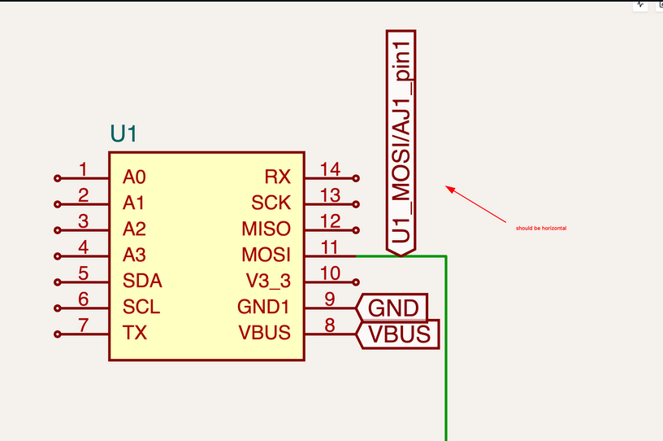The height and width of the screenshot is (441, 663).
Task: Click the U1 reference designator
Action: coord(123,135)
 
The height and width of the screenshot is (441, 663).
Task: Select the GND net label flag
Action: coord(393,308)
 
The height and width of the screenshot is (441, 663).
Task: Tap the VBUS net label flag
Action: coord(399,334)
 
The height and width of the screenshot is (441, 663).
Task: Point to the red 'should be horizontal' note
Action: coord(541,229)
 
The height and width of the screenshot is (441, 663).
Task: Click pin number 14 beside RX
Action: coord(329,169)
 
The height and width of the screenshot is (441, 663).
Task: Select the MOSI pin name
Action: coord(266,255)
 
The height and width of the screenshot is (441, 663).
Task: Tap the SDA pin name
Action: coord(142,282)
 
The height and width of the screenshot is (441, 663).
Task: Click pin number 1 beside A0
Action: coord(83,169)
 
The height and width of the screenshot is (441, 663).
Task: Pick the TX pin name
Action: coord(135,333)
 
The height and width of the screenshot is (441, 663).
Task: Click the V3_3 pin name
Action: coord(268,282)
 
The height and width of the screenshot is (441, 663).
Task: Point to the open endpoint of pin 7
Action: coord(57,334)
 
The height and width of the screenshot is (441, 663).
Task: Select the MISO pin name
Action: coord(266,229)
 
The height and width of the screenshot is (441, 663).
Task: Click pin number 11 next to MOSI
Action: coord(329,247)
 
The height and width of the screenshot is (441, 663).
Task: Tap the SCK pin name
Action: coord(271,203)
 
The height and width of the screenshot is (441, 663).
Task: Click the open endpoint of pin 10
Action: coord(356,282)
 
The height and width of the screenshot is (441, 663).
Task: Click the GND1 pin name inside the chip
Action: coord(264,308)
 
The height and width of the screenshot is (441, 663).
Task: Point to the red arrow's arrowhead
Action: coord(448,189)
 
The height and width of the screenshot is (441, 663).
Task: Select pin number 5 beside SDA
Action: coord(83,273)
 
